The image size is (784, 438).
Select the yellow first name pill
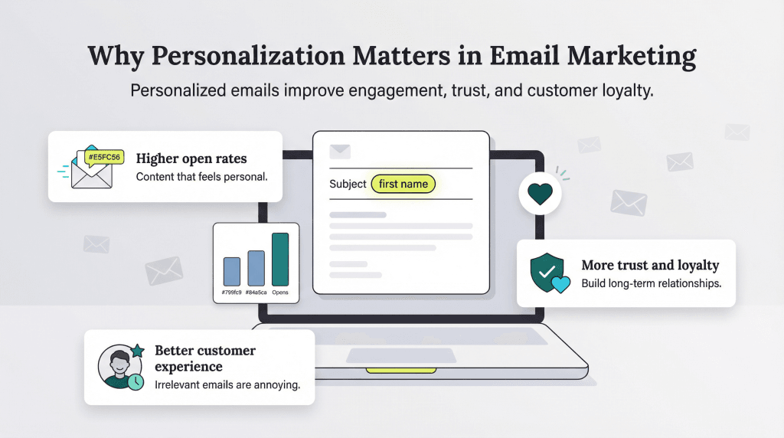tap(403, 184)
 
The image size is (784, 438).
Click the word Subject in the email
tap(348, 184)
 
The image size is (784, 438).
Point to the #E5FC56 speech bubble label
tap(103, 158)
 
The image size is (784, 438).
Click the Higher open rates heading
tap(191, 159)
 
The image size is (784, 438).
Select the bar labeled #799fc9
tap(232, 272)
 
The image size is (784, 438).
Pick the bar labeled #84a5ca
tap(256, 268)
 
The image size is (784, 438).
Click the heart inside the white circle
tap(540, 193)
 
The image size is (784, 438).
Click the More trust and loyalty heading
tap(650, 266)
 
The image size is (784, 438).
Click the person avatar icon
tap(116, 367)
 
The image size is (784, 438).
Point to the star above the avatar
tap(137, 351)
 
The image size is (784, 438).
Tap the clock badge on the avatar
tap(136, 381)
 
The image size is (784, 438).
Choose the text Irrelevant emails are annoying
tap(227, 384)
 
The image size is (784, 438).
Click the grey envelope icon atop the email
tap(339, 152)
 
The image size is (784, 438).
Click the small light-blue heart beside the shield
tap(561, 285)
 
